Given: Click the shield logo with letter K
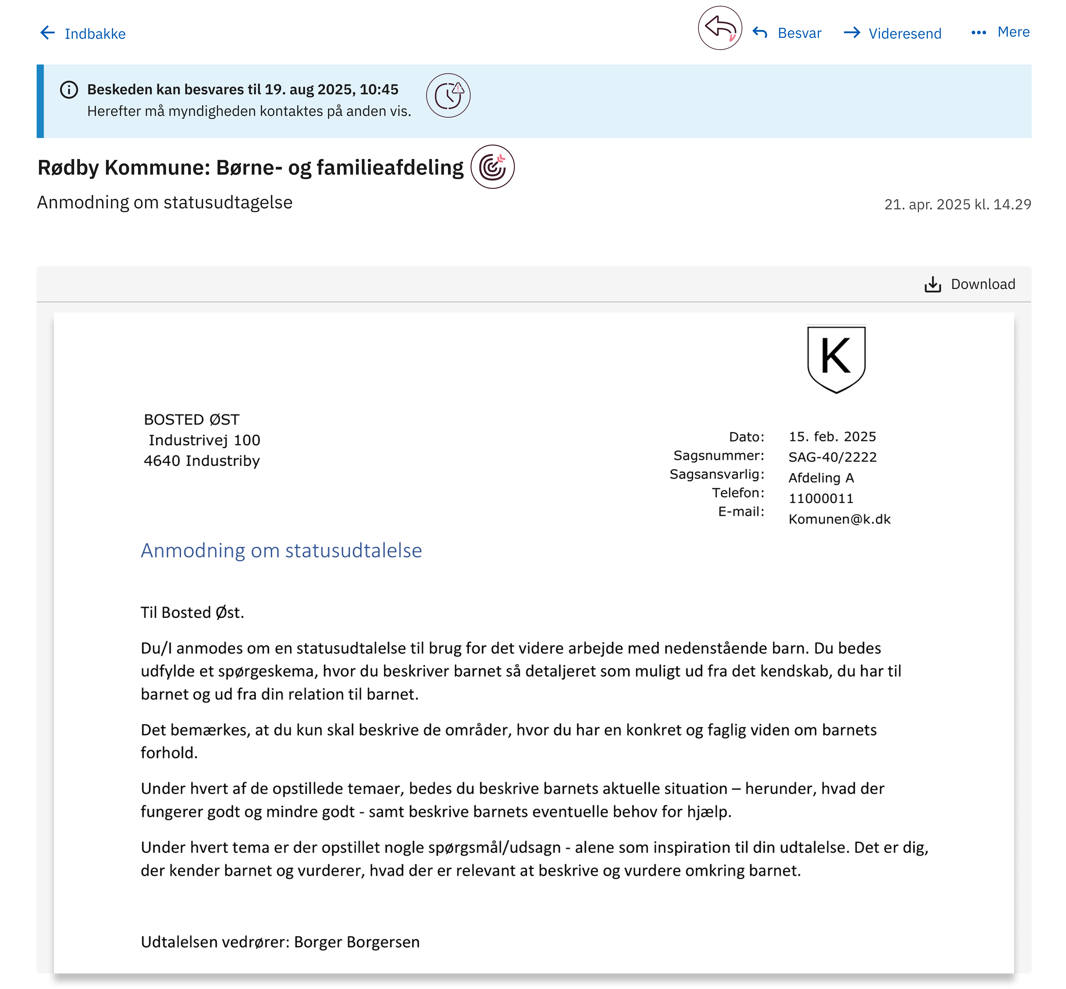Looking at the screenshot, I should click(836, 359).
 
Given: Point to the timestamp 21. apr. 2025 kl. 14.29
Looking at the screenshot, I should click(957, 204).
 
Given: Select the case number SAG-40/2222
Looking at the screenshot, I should click(833, 457).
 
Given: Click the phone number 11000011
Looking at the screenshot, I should click(821, 498).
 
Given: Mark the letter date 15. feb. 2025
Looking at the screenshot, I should click(832, 437).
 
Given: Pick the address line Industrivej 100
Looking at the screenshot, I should click(205, 440).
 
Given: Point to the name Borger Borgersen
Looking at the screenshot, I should click(357, 942).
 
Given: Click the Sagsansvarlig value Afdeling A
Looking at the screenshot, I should click(821, 478).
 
